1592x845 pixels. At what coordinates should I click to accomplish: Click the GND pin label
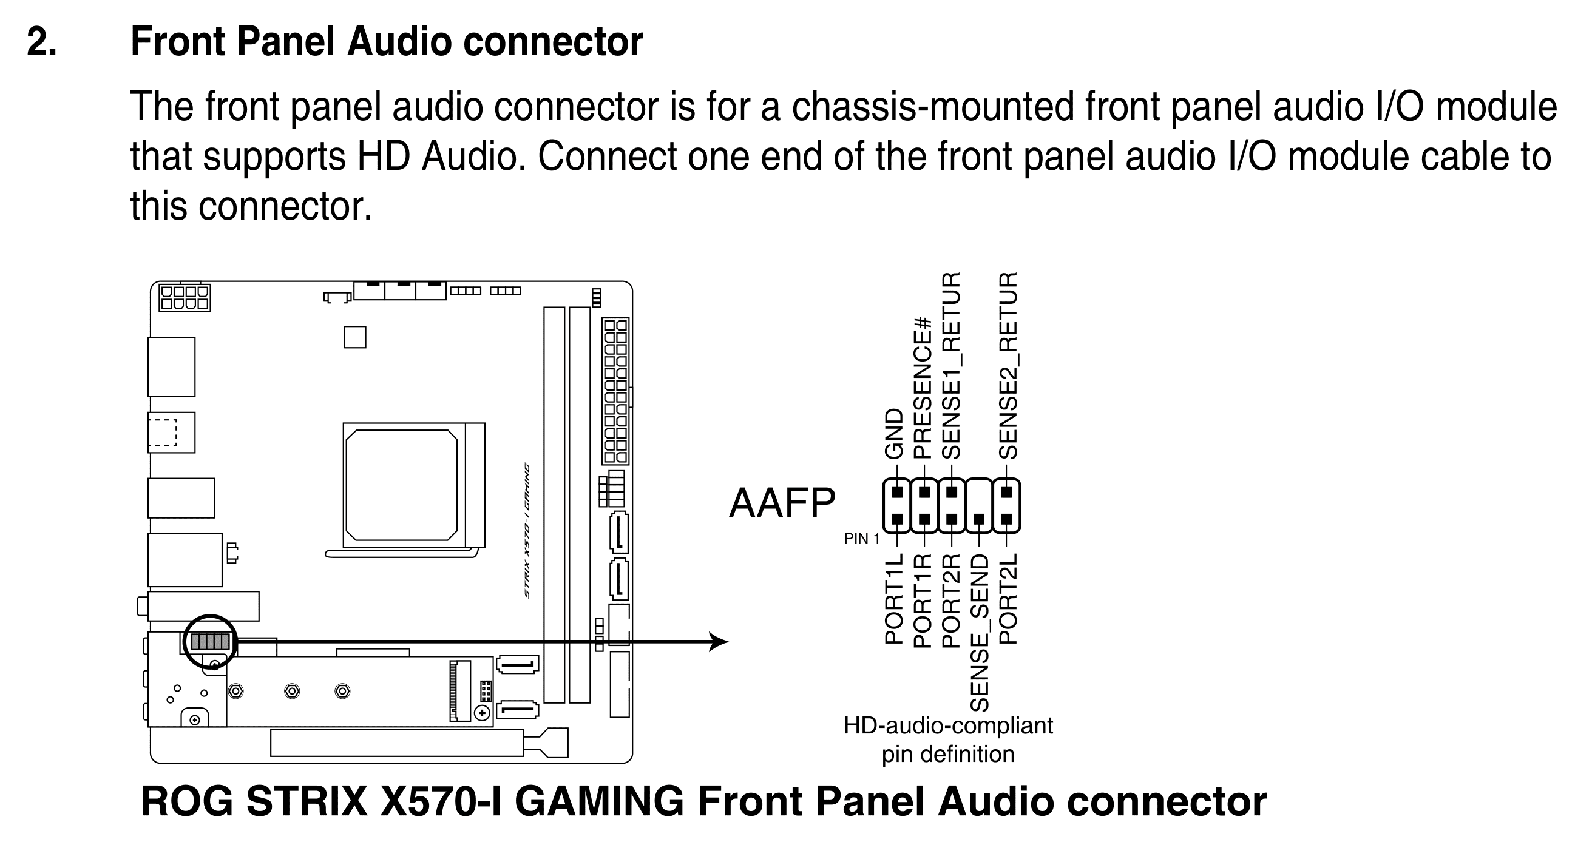tap(894, 434)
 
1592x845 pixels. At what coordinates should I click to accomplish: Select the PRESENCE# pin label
tap(922, 387)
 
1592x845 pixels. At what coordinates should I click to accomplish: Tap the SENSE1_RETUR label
tap(950, 365)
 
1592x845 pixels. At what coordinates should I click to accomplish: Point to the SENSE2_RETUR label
tap(1008, 365)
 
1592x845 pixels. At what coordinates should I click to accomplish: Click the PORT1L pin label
tap(894, 599)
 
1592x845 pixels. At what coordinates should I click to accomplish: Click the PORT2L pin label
tap(1008, 599)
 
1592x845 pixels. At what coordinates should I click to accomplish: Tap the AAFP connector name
tap(782, 503)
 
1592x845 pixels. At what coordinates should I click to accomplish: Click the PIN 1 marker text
tap(861, 539)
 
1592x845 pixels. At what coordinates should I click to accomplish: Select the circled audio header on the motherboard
tap(210, 642)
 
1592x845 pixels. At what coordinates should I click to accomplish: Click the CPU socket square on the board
tap(402, 485)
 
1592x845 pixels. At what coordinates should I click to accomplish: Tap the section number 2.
tap(42, 42)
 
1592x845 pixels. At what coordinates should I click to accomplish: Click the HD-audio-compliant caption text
tap(948, 725)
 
